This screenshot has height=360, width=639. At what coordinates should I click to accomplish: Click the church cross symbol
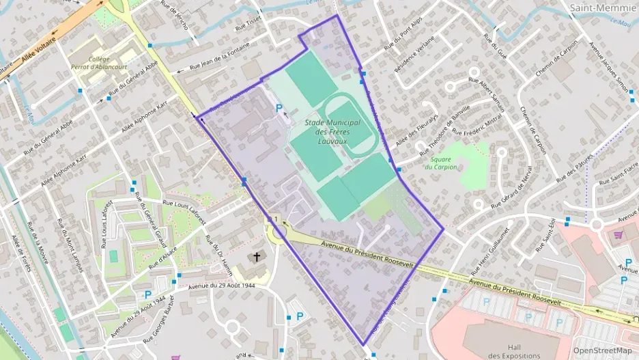click(x=257, y=258)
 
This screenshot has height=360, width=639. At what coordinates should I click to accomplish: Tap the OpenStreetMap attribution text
click(x=603, y=350)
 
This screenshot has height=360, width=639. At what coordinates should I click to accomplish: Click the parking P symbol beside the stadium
click(x=279, y=108)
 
